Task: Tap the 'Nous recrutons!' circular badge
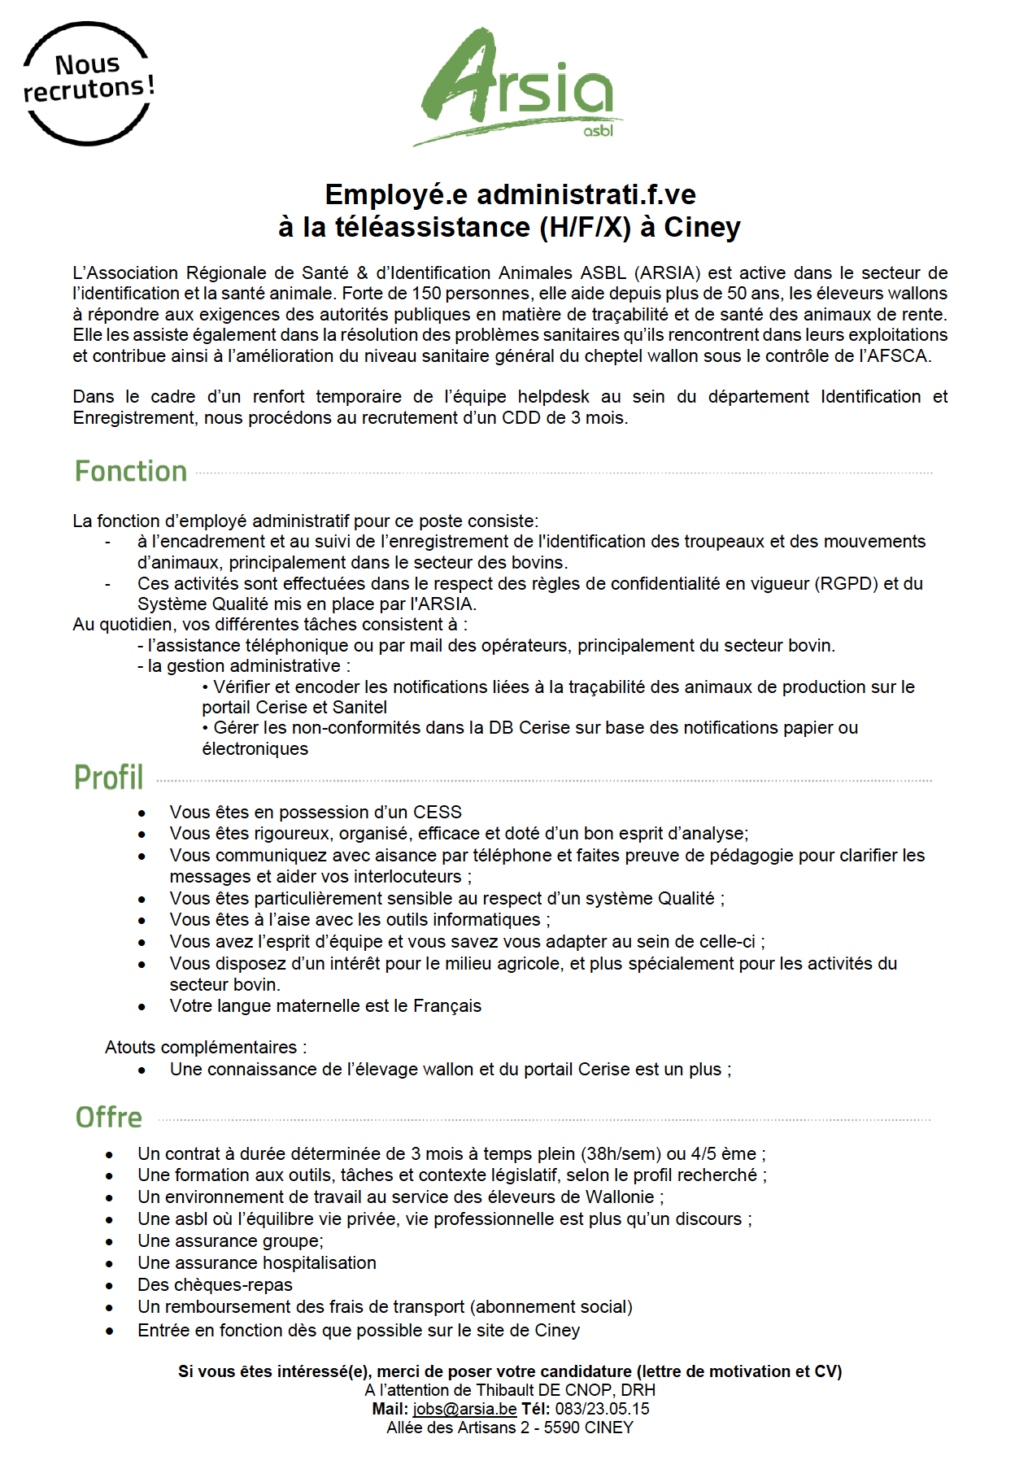click(88, 83)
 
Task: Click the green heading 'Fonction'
click(131, 472)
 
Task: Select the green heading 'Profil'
click(109, 778)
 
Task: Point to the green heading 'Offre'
click(109, 1118)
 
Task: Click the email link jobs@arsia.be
click(464, 1409)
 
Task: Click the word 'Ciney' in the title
click(702, 227)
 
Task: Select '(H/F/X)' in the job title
click(586, 227)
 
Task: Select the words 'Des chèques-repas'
click(215, 1284)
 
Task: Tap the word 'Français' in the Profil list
click(447, 1006)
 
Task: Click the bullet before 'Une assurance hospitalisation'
click(110, 1264)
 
